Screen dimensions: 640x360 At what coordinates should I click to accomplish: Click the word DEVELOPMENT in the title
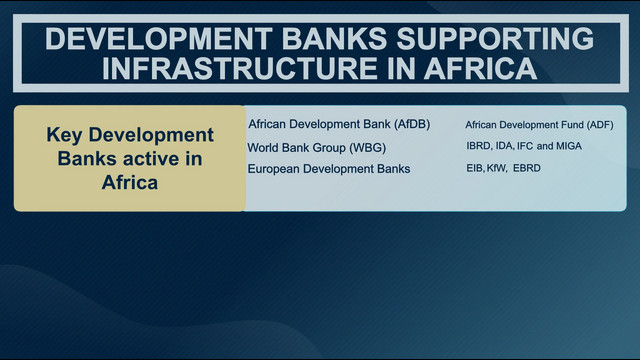pos(159,39)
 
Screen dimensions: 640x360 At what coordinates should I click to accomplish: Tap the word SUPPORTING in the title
pos(495,39)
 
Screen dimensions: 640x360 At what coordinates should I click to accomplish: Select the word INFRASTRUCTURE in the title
pos(240,68)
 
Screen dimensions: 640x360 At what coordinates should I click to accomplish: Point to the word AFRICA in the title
pos(480,68)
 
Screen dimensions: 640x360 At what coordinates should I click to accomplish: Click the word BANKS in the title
pos(334,39)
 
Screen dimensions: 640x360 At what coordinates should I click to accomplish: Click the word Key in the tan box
pos(64,136)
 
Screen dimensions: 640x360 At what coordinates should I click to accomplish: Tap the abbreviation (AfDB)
pos(412,124)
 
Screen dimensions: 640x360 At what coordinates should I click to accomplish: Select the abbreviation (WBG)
pos(367,147)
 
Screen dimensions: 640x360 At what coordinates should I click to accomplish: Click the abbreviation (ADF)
pos(600,125)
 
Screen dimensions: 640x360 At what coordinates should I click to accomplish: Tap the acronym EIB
pos(475,168)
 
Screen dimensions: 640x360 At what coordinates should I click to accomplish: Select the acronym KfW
pos(496,168)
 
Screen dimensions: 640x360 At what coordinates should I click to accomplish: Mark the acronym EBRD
pos(527,168)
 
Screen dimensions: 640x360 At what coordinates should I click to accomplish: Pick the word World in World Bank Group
pos(262,147)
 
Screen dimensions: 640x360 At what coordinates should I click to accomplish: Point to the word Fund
pos(574,125)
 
